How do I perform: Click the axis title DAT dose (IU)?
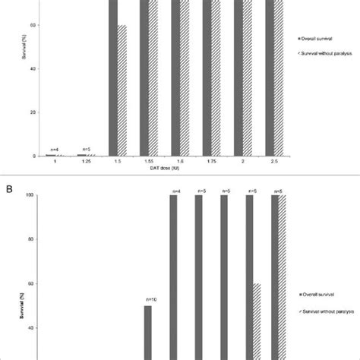[x=179, y=169]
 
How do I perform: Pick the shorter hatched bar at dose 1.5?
[x=122, y=90]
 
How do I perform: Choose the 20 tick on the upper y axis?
[x=33, y=112]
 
